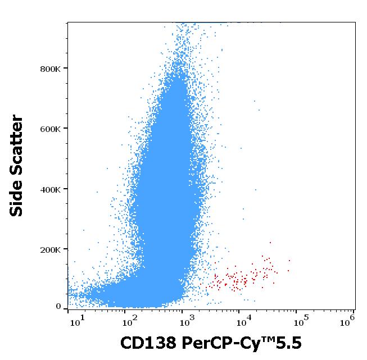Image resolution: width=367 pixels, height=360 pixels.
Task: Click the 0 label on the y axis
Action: click(x=58, y=307)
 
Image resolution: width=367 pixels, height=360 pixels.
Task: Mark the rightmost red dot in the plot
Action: click(x=289, y=260)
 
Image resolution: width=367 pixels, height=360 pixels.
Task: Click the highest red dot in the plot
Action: click(x=270, y=243)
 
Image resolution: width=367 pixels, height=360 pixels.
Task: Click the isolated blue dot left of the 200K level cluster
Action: click(x=84, y=230)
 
